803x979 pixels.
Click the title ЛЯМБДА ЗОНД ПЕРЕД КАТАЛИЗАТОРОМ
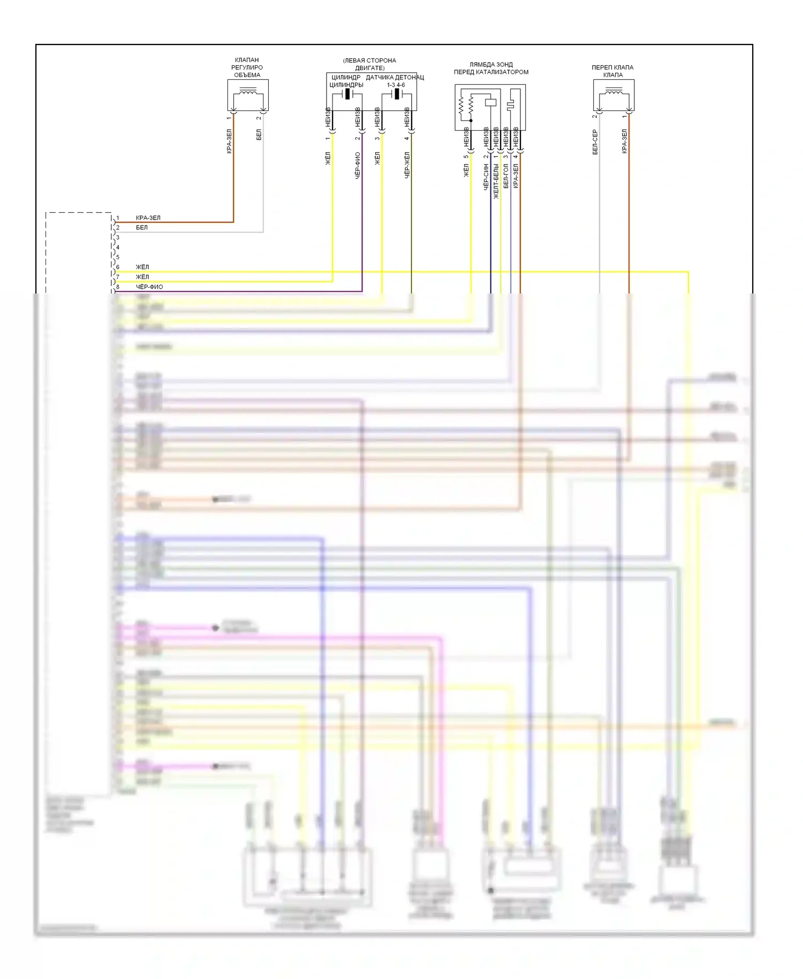tap(491, 68)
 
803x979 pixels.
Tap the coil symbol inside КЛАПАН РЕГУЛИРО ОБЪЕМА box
tap(247, 94)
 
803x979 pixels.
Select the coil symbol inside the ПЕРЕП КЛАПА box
tap(613, 94)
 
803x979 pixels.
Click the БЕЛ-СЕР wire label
tap(595, 142)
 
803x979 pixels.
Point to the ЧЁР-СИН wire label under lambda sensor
tap(486, 177)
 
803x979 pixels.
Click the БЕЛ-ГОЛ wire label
tap(506, 176)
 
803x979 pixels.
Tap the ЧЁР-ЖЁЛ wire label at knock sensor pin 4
tap(407, 165)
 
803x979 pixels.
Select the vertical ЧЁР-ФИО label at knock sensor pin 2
tap(358, 165)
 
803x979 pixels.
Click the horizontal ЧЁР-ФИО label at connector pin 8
tap(149, 287)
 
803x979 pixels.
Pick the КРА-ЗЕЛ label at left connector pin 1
tap(148, 218)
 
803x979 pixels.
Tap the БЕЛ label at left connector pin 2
tap(142, 228)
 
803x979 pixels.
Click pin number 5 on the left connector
tap(118, 257)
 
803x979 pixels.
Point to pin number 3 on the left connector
tap(118, 237)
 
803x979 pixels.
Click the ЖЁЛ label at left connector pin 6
tap(142, 267)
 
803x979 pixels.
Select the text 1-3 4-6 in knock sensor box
tap(396, 85)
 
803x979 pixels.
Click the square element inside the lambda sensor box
tap(490, 102)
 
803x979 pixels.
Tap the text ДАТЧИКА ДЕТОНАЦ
tap(395, 78)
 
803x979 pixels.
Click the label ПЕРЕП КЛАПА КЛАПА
tap(612, 71)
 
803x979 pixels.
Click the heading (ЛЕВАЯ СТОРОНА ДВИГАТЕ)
tap(369, 64)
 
